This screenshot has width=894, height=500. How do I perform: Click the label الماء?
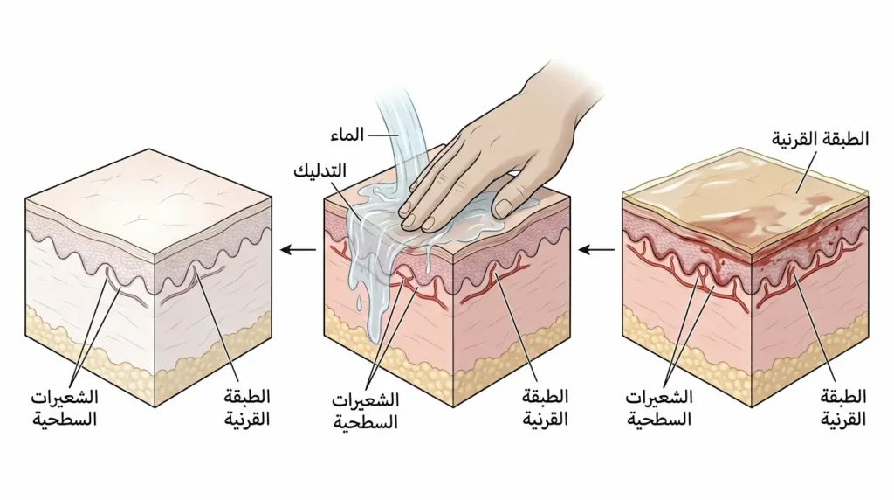click(x=347, y=135)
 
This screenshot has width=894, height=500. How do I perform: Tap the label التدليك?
click(x=320, y=170)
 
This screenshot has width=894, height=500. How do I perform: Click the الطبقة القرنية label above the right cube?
click(x=821, y=139)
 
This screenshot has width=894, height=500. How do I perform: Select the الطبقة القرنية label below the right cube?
click(x=843, y=408)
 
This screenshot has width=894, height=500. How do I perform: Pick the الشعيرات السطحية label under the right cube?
click(x=659, y=408)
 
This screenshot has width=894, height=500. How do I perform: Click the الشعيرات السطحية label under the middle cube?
click(x=366, y=411)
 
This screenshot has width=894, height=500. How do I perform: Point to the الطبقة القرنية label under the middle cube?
click(x=546, y=408)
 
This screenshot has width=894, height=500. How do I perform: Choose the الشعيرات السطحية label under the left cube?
click(x=65, y=408)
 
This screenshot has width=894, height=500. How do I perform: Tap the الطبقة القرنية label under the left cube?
click(x=247, y=408)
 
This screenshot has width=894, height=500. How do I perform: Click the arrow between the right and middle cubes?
click(x=596, y=249)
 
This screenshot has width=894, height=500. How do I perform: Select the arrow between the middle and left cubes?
click(x=299, y=249)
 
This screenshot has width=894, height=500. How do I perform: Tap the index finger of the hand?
click(x=442, y=188)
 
